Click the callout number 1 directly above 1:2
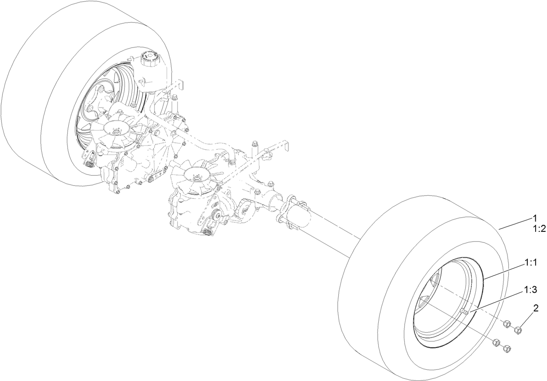tap(536, 218)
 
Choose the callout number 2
tap(536, 309)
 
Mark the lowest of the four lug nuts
tap(506, 349)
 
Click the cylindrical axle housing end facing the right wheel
tap(300, 215)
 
